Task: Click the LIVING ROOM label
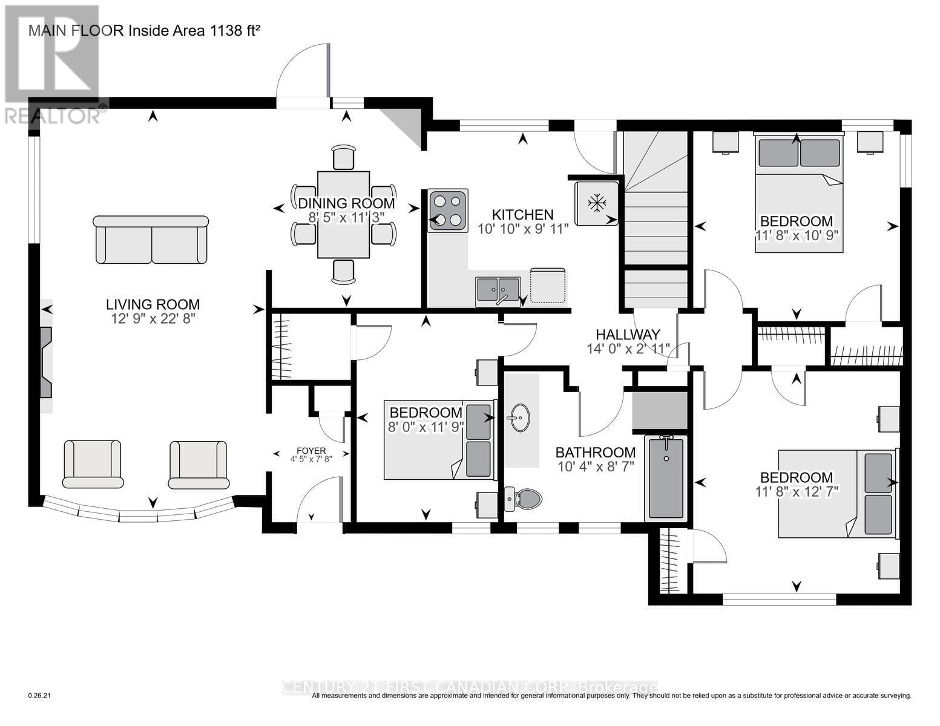coord(153,304)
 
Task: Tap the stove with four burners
coord(448,211)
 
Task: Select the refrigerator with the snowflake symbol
coord(597,203)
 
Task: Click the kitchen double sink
coord(498,289)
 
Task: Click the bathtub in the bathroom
coord(666,478)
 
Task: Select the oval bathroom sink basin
coord(518,417)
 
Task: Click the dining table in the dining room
coord(343,215)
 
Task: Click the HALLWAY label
coord(627,335)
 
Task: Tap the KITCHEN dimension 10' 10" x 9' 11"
coord(523,229)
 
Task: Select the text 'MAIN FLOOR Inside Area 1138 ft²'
coord(144,30)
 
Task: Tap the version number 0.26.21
coord(41,696)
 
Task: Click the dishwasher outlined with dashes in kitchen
coord(548,286)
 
